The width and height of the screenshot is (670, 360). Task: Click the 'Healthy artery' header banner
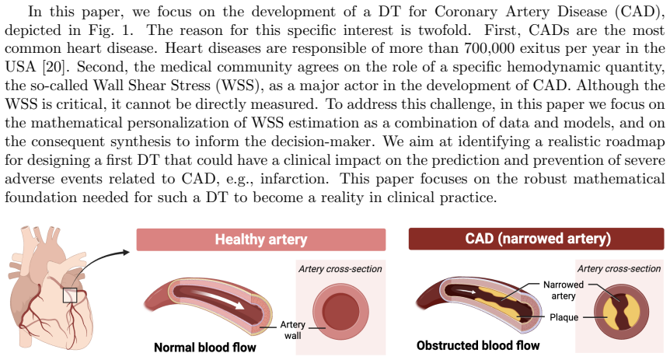(261, 239)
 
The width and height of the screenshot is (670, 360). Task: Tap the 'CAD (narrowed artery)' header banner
(536, 239)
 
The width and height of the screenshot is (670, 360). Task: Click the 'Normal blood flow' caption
(205, 348)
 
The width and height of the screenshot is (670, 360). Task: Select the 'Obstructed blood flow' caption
(478, 345)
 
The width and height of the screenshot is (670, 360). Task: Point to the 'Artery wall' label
(293, 330)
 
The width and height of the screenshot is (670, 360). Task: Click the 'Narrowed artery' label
(564, 290)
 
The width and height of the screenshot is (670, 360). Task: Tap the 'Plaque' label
(564, 317)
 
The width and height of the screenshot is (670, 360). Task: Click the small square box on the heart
(70, 295)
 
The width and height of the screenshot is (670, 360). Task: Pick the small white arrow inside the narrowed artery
(466, 292)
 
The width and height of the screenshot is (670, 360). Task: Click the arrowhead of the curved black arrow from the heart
(126, 252)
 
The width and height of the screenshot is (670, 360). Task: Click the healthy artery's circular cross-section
(340, 311)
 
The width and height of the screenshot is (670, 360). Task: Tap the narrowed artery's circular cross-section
(622, 312)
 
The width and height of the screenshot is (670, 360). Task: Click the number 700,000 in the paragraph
(489, 48)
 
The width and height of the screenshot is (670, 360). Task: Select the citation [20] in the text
(54, 67)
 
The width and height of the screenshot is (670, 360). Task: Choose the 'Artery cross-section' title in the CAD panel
(619, 268)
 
